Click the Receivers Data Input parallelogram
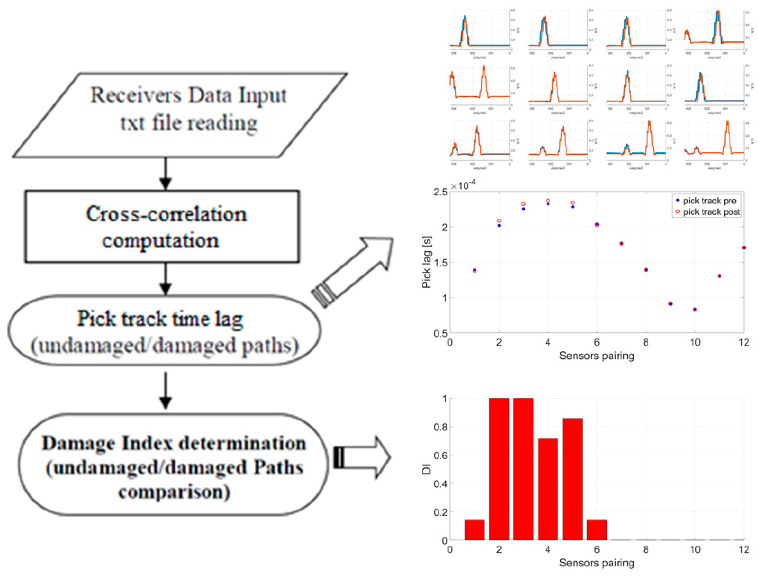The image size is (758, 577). tap(180, 115)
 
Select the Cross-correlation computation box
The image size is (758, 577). tap(162, 227)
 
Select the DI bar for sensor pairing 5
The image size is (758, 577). tap(572, 479)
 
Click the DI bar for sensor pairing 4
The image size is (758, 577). tap(548, 489)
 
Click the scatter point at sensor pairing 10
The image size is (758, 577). tap(695, 309)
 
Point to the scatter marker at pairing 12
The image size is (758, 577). tap(744, 247)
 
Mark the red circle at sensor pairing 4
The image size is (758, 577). tap(548, 200)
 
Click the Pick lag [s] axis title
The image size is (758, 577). tap(426, 262)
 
